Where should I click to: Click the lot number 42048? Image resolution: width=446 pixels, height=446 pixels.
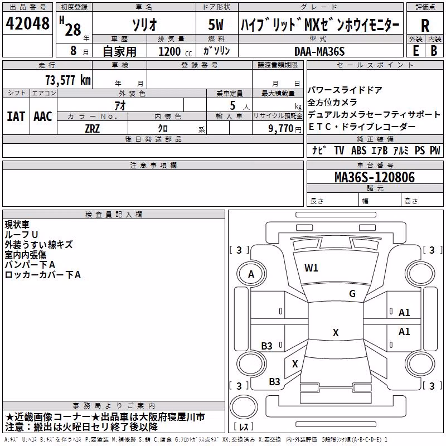pos(27,23)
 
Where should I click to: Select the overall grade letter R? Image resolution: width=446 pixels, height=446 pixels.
pos(425,26)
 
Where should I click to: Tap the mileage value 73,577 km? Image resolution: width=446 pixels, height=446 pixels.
pos(68,80)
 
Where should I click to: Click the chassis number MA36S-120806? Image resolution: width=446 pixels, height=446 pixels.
pos(375,177)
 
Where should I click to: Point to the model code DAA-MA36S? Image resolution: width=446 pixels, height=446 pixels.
pos(319,51)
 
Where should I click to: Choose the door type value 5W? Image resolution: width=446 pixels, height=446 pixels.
pos(216,25)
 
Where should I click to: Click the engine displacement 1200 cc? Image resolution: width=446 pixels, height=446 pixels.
pos(175,51)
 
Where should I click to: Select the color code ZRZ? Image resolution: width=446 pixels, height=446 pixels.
pos(93,129)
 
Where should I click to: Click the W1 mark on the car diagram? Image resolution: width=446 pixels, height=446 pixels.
pos(311,268)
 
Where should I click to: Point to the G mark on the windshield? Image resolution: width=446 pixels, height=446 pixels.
pos(352,294)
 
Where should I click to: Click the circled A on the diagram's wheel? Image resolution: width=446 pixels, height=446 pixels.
pos(251,274)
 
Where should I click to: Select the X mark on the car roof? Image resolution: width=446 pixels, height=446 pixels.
pos(336,332)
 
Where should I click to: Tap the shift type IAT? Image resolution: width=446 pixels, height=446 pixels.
pos(16,117)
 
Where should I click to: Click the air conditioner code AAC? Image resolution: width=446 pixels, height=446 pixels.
pos(43,117)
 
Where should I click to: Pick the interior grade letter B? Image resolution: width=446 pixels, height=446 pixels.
pos(434,51)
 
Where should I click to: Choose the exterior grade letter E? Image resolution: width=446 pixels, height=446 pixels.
pos(415,51)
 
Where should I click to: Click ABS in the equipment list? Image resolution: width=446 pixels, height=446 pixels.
pos(358,151)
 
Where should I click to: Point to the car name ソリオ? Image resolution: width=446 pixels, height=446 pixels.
pos(144,25)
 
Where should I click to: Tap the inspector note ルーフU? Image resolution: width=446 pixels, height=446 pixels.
pos(21,235)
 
